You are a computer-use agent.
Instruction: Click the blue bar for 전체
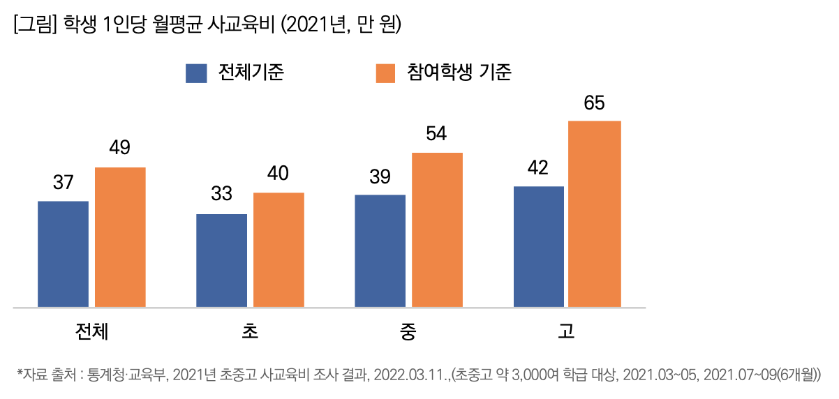(63, 254)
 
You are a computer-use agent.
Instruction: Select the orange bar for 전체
(120, 237)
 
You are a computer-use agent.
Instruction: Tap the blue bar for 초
(221, 260)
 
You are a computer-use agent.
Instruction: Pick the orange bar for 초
(279, 250)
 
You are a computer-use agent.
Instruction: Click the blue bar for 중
(380, 250)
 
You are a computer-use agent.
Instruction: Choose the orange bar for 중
(437, 229)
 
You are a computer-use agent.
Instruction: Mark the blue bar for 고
(538, 246)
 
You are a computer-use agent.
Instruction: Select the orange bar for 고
(595, 213)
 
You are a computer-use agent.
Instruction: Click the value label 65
(595, 104)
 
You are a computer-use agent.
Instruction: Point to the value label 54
(436, 134)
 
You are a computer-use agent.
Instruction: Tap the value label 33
(221, 195)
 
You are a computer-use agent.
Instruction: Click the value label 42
(538, 168)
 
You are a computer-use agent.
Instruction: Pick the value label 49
(120, 148)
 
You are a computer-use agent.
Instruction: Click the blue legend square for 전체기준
(196, 73)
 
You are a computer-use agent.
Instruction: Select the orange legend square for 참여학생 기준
(386, 73)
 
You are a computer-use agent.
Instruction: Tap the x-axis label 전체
(91, 331)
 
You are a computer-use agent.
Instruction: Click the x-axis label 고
(567, 331)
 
